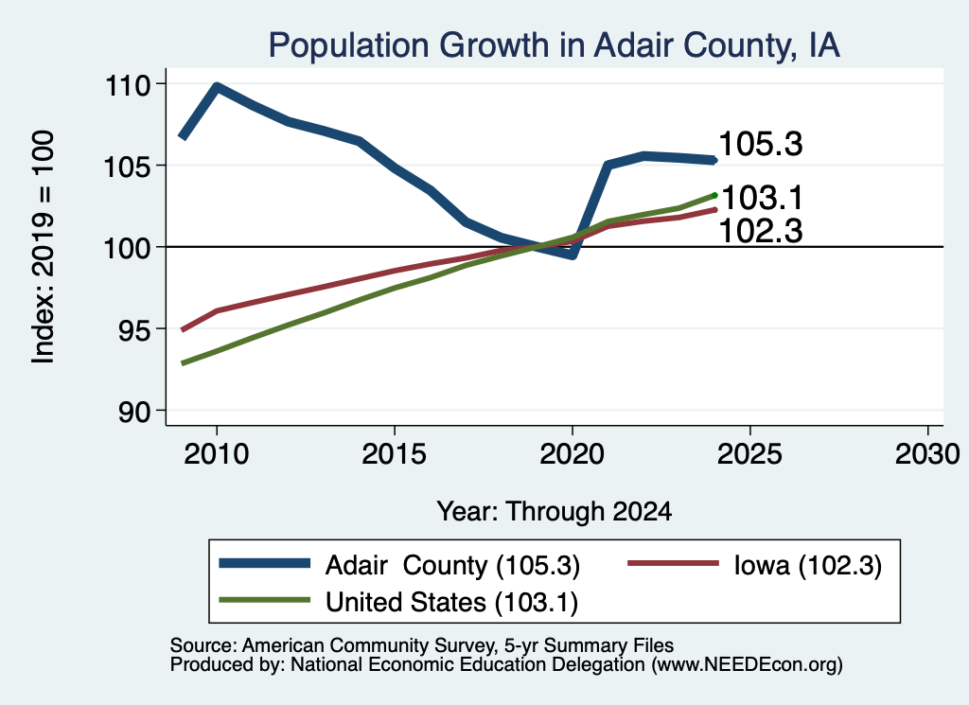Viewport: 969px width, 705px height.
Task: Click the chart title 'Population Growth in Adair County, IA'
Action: [554, 45]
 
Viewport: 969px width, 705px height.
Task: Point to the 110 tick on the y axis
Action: [128, 85]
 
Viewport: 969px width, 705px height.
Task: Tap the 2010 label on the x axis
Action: [217, 454]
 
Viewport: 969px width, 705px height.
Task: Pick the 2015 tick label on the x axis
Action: [395, 454]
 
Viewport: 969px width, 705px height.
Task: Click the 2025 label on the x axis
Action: [749, 454]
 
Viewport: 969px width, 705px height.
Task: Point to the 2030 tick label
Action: [927, 454]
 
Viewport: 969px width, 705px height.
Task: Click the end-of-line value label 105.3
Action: [761, 144]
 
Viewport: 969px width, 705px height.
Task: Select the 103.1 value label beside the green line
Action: [762, 199]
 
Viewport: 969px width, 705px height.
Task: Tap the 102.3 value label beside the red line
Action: [761, 231]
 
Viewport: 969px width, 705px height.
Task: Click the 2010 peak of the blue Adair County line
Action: [217, 86]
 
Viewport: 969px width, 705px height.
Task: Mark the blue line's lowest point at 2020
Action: [573, 254]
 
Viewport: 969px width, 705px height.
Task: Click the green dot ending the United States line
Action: [714, 195]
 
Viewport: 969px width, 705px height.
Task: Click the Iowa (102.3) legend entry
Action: [754, 565]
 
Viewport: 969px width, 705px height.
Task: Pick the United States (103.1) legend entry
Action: [398, 602]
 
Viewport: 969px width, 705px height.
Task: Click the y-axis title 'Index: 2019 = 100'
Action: [44, 247]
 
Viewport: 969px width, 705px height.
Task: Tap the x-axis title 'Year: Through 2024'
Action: [555, 512]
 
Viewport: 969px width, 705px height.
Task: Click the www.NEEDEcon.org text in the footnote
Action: [747, 665]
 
